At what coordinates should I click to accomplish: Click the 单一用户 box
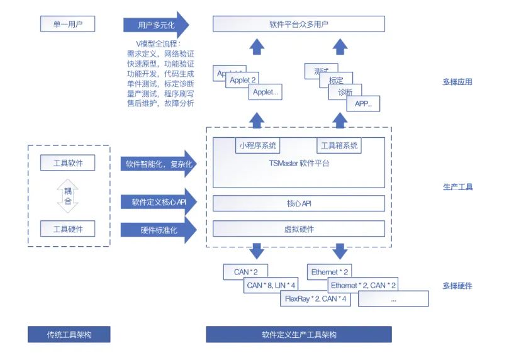[67, 25]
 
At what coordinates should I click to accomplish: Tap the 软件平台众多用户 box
[298, 25]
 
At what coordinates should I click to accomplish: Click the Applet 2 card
[244, 81]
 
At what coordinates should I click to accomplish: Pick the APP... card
[364, 104]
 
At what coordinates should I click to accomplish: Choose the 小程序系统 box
[257, 146]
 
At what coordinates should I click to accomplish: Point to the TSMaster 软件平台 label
[299, 164]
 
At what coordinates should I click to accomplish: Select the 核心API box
[298, 203]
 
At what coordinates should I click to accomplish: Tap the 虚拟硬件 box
[298, 229]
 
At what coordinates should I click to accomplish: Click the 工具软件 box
[67, 163]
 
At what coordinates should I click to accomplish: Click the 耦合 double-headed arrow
[67, 196]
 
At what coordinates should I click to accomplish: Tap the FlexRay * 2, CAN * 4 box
[316, 299]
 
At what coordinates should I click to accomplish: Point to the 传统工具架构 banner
[69, 334]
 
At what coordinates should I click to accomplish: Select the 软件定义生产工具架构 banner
[298, 334]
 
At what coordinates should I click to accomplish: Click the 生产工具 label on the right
[457, 188]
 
